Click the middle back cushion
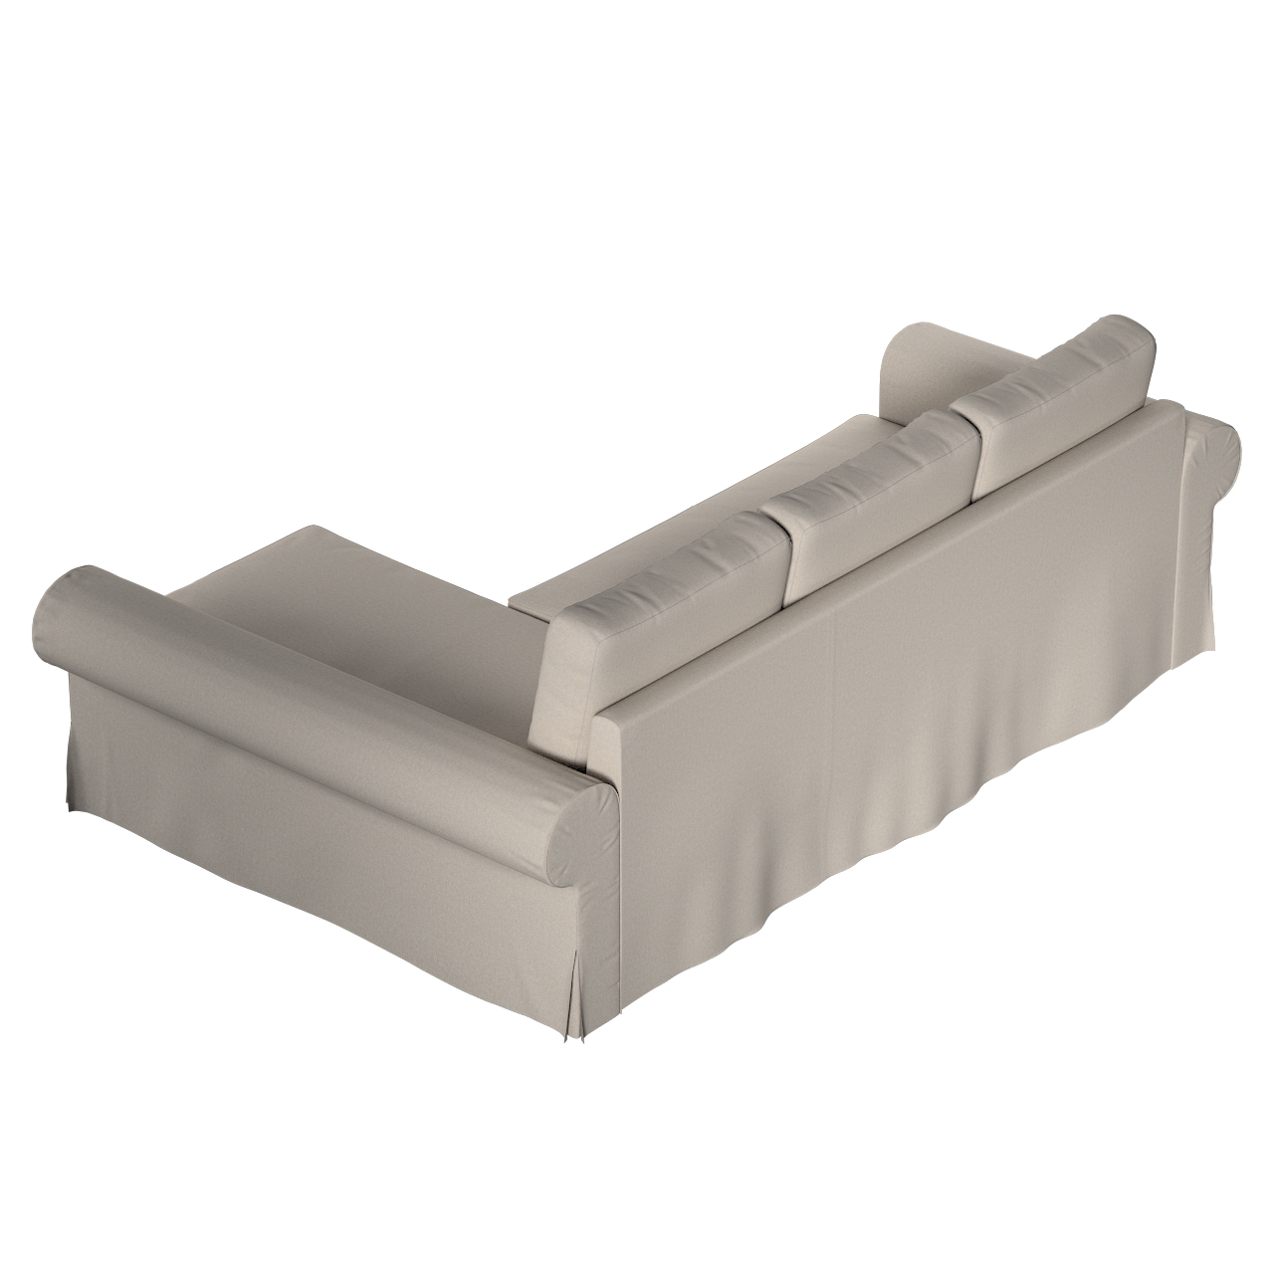point(876,498)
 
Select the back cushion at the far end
point(1055,398)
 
